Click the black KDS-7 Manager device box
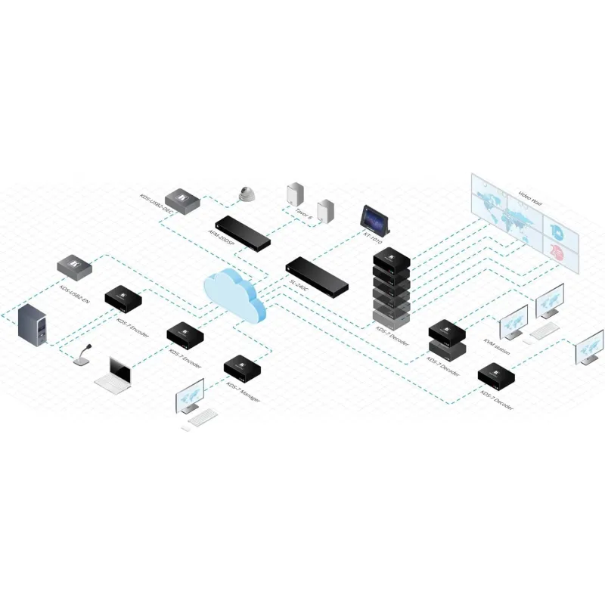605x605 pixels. pos(244,366)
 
